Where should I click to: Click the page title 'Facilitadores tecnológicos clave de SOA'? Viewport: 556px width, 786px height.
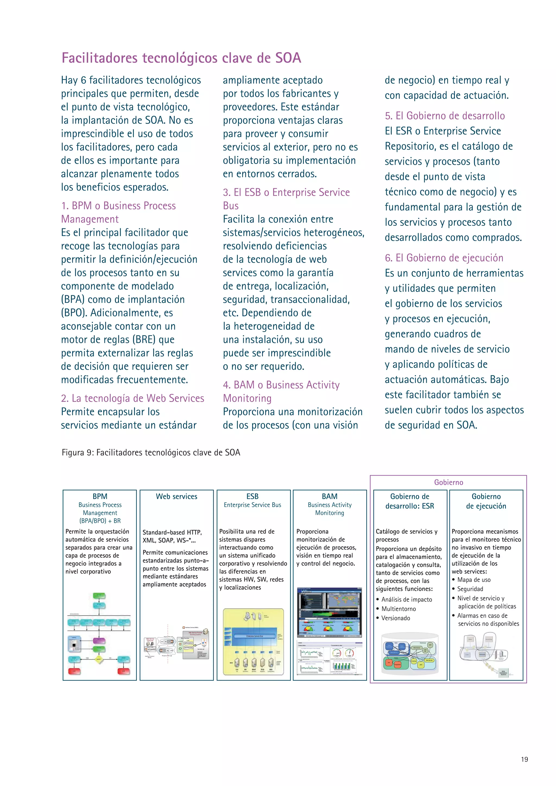click(x=181, y=58)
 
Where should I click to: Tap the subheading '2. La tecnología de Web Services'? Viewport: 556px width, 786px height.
click(x=132, y=398)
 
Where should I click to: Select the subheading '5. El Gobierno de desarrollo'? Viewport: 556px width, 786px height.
click(x=444, y=116)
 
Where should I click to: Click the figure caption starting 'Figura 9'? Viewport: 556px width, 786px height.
click(x=151, y=452)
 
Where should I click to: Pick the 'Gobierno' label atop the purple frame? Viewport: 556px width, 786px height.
click(x=448, y=482)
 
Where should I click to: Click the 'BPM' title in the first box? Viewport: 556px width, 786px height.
click(x=100, y=496)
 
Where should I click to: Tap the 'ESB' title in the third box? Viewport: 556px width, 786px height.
click(x=252, y=496)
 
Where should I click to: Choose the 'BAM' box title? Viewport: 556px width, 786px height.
click(x=329, y=496)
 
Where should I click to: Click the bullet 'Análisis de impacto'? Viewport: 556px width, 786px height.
click(x=406, y=600)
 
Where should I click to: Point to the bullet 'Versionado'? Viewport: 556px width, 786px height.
click(x=396, y=618)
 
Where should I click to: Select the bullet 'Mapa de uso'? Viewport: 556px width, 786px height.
click(x=473, y=579)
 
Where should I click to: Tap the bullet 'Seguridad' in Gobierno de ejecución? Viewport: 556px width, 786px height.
click(x=470, y=589)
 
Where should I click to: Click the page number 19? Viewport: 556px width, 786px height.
click(x=524, y=759)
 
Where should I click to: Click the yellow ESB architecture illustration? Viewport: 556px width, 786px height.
click(x=253, y=642)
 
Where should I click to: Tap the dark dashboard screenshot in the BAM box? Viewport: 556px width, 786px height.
click(x=329, y=612)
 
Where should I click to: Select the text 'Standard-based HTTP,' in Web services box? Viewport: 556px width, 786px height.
click(x=172, y=532)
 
